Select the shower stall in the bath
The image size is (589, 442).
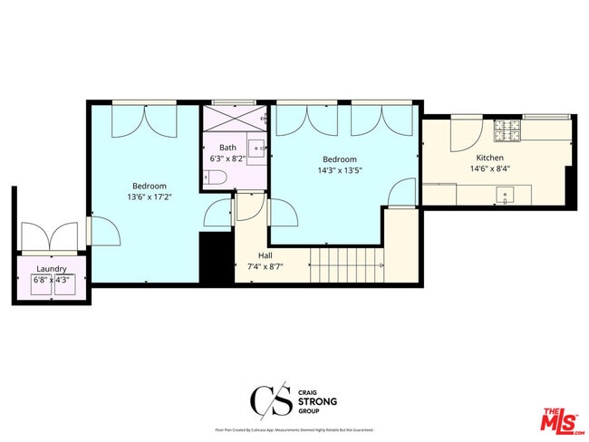click(234, 119)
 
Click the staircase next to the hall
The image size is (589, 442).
click(346, 264)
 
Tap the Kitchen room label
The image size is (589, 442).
click(490, 157)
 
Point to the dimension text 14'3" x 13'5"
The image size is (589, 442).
click(340, 169)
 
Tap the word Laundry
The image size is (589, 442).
click(52, 269)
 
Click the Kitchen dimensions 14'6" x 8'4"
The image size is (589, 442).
click(490, 168)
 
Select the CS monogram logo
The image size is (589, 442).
click(269, 399)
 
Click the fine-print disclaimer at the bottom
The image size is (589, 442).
click(294, 429)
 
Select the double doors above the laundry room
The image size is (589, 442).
click(52, 237)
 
